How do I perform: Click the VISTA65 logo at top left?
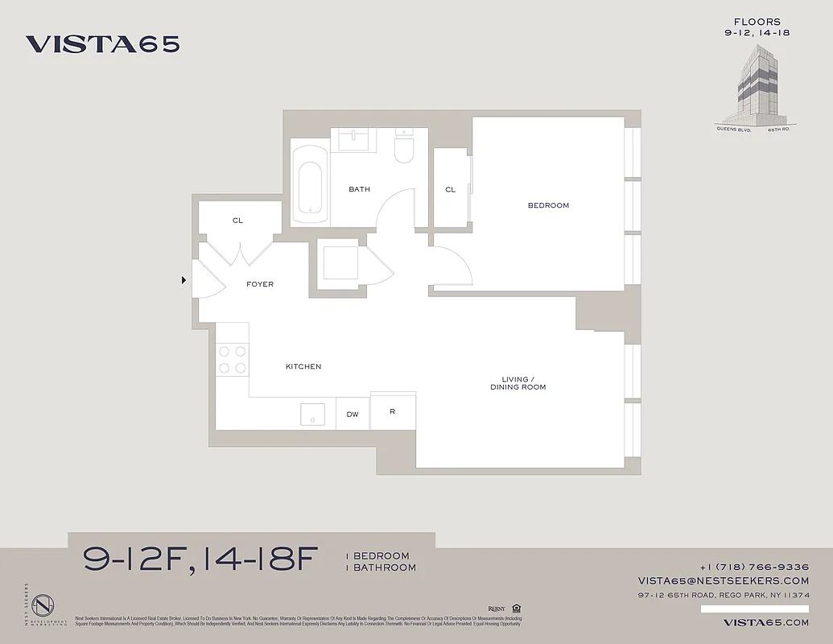(102, 44)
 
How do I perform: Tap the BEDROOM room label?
(548, 205)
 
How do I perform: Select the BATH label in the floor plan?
(359, 190)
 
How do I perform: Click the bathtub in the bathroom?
(309, 184)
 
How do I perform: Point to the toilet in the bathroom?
(403, 148)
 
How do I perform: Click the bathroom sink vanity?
(354, 140)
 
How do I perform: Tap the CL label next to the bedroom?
(451, 190)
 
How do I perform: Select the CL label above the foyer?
(237, 221)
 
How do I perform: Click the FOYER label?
(260, 284)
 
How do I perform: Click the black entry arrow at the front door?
(184, 280)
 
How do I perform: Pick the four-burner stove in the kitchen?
(232, 359)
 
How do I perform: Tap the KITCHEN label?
(303, 367)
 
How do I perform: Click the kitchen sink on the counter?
(312, 415)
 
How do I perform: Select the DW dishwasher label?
(353, 415)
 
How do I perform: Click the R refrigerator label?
(392, 412)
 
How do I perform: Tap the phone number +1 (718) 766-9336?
(754, 567)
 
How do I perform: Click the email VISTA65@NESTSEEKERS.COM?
(724, 580)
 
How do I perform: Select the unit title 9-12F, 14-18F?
(201, 559)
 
